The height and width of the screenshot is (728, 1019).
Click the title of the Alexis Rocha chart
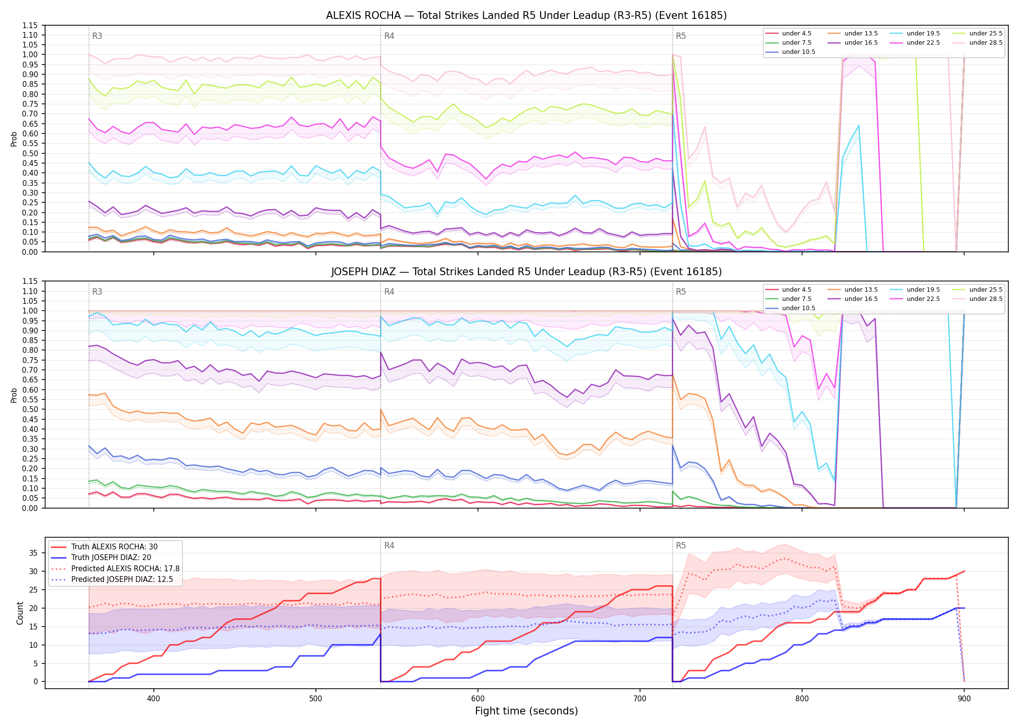pos(526,16)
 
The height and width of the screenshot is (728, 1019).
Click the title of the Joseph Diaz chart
pos(526,272)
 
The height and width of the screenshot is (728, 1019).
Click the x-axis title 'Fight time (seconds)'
pos(526,711)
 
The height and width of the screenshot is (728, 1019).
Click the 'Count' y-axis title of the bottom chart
pos(20,613)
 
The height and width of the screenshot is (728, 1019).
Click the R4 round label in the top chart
pos(389,36)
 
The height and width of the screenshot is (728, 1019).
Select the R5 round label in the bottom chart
pos(681,546)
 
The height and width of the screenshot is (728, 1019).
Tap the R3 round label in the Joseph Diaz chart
pos(97,292)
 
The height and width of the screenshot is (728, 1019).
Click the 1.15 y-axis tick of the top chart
pos(30,25)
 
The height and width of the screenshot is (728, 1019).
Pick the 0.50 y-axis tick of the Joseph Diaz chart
pos(30,410)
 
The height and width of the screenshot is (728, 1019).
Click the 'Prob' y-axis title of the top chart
pos(14,139)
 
